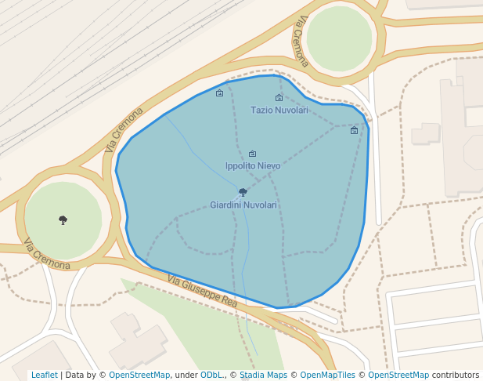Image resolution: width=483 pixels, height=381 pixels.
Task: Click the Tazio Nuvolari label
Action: [x=279, y=111]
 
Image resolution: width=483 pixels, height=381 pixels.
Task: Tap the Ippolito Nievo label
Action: [x=252, y=166]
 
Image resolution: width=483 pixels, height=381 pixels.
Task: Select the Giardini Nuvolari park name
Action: [x=243, y=205]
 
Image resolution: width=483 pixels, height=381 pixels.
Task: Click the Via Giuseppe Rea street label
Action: [x=202, y=291]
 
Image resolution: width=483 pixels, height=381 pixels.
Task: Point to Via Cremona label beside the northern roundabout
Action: [x=301, y=43]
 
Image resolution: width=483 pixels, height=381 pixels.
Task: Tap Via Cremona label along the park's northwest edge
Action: [x=124, y=130]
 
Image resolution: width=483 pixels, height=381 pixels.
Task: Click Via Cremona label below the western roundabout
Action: [x=47, y=254]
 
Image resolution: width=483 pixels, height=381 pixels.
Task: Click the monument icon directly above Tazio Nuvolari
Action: [x=279, y=98]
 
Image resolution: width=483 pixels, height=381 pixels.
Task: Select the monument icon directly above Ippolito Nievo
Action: [x=252, y=154]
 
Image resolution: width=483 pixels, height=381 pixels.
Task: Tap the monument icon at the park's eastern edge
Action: [x=354, y=130]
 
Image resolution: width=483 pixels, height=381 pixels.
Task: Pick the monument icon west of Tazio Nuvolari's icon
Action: [x=219, y=93]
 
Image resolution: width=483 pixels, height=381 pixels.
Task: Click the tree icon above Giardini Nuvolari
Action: [x=243, y=192]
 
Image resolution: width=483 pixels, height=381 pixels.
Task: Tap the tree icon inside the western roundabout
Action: [x=63, y=220]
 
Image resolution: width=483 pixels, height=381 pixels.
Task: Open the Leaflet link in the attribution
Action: [x=44, y=376]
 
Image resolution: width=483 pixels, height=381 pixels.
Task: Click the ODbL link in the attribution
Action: [x=211, y=376]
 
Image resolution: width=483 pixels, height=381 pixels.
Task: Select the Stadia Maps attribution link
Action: [x=264, y=376]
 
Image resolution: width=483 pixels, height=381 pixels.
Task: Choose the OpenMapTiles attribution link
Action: [x=327, y=376]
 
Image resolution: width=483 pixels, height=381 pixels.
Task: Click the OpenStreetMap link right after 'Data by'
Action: [x=139, y=376]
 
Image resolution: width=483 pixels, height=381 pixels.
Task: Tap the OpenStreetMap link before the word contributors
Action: [x=398, y=376]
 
